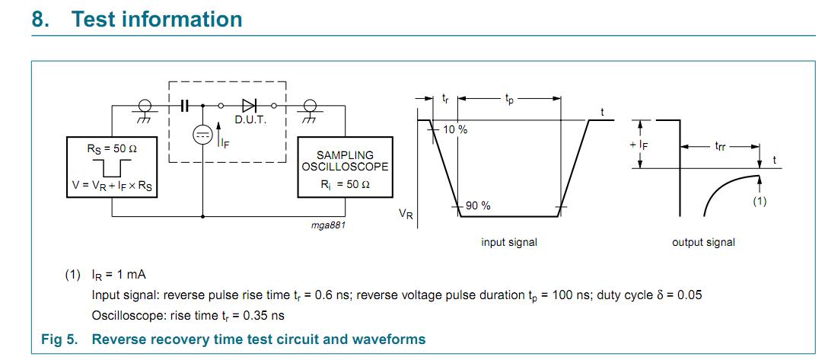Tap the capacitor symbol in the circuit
point(184,106)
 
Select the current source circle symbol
point(203,135)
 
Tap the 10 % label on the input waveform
point(455,129)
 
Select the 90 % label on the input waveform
point(478,205)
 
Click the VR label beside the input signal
point(406,215)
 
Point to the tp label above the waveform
point(508,98)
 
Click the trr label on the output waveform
point(719,145)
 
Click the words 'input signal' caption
point(509,242)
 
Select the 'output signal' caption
point(703,242)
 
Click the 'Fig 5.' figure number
point(59,339)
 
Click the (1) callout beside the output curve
point(760,201)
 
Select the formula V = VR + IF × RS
point(113,187)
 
